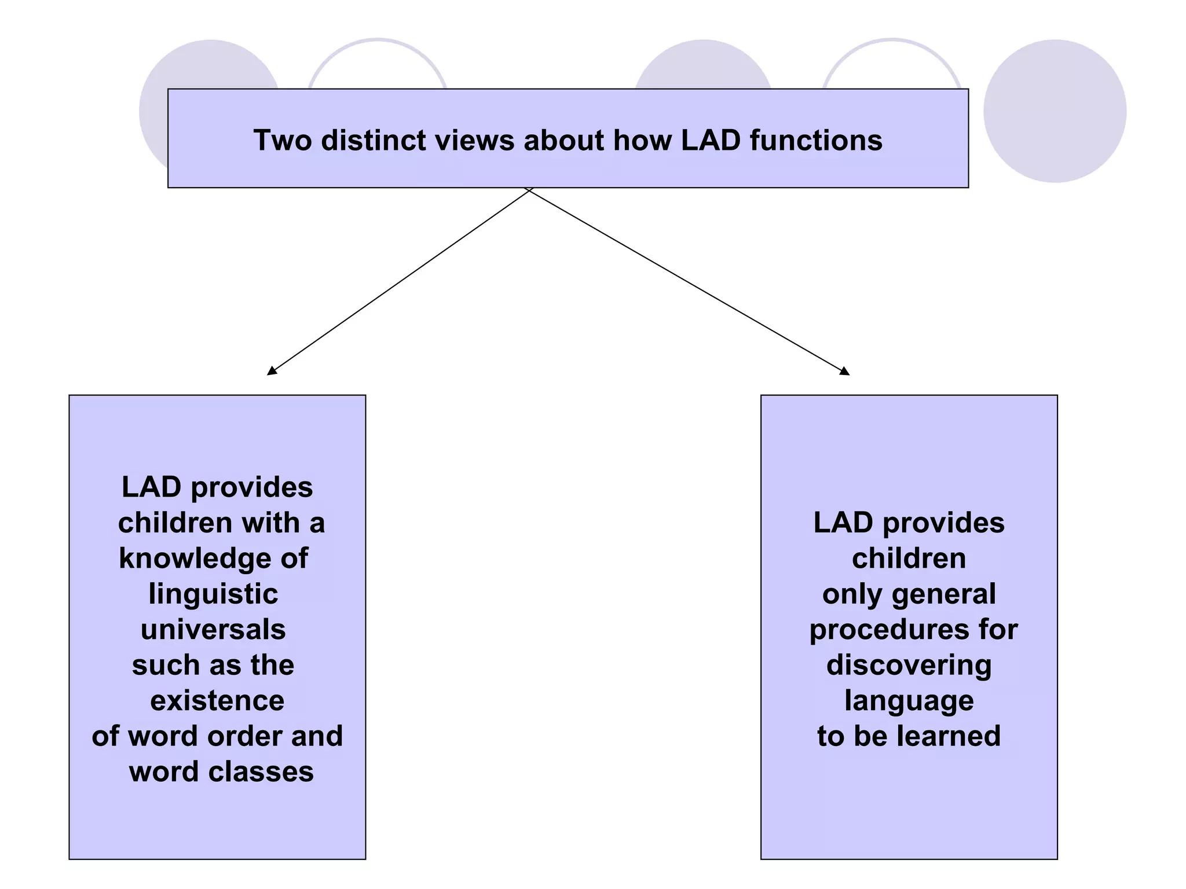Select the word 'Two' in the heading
282,141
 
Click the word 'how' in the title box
642,141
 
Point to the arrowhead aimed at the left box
271,372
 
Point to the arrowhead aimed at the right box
845,371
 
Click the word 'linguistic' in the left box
213,594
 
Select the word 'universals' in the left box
213,629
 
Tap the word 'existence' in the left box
217,700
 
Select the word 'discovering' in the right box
909,665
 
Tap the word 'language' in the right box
909,701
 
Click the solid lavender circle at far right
1055,111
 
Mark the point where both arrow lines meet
528,190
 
